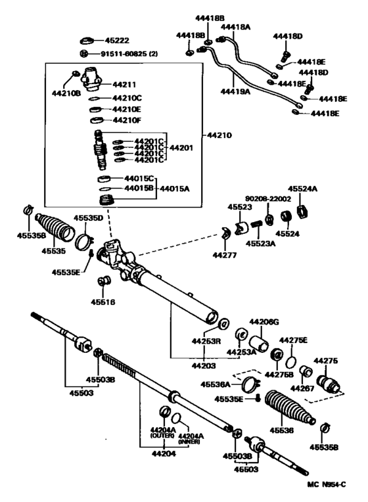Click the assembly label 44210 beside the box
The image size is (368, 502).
[x=219, y=135]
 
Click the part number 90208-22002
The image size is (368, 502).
[x=264, y=198]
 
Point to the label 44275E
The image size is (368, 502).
[x=293, y=340]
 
